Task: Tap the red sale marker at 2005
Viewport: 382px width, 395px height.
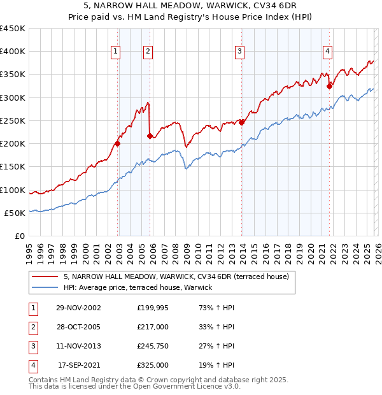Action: coord(150,136)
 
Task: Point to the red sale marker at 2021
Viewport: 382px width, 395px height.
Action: coord(329,86)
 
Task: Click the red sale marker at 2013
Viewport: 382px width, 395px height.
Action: coord(242,122)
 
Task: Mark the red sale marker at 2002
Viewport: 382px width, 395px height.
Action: coord(118,143)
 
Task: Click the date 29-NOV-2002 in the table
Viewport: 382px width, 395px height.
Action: coord(78,308)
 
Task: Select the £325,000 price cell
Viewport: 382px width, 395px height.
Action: coord(153,366)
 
